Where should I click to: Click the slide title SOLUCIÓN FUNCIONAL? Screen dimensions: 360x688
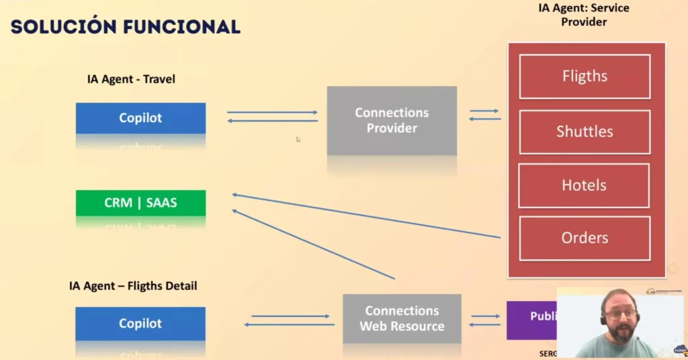pos(126,26)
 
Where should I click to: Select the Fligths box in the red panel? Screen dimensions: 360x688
pos(584,77)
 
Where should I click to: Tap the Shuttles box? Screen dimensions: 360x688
pos(584,132)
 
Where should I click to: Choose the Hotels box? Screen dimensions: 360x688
pos(584,185)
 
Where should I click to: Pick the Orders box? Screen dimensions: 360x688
pos(584,238)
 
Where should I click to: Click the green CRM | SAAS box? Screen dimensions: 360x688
pos(140,203)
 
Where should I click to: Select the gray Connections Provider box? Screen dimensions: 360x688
pos(392,121)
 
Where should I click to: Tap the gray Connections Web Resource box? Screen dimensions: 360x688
pos(402,318)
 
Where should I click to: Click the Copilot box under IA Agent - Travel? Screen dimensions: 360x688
pos(140,118)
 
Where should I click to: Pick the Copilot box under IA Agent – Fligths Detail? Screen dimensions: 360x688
pos(140,323)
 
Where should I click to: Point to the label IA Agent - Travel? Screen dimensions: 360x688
pos(131,79)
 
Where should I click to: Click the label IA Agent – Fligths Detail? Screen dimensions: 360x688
pos(133,286)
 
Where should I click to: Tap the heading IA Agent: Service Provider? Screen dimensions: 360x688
pos(584,15)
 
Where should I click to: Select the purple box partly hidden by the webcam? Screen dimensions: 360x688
pos(531,320)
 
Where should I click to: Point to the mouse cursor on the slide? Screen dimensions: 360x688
pos(298,140)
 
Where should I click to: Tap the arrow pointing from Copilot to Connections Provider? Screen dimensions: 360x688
pos(272,112)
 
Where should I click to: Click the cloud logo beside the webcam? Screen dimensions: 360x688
pos(680,350)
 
